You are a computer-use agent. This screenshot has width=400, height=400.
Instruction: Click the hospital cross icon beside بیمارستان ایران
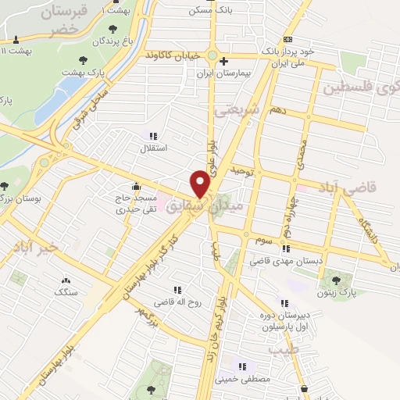click(223, 62)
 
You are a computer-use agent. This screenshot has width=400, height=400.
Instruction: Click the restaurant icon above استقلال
click(154, 134)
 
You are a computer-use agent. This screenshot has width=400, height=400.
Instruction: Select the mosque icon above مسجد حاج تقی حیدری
click(136, 186)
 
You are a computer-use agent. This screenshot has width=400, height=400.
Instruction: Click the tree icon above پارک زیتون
click(336, 280)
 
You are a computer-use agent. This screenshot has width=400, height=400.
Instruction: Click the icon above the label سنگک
click(65, 280)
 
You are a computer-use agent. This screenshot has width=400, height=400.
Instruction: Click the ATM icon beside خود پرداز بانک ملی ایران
click(288, 38)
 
